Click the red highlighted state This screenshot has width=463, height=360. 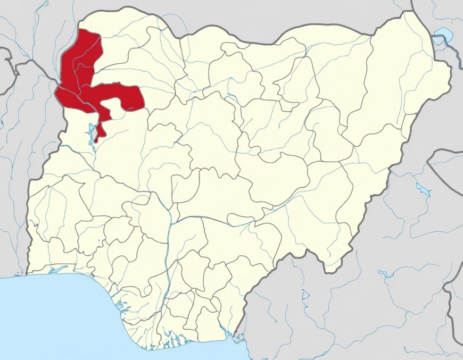[80, 80]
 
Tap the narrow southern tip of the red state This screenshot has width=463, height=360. [96, 140]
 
